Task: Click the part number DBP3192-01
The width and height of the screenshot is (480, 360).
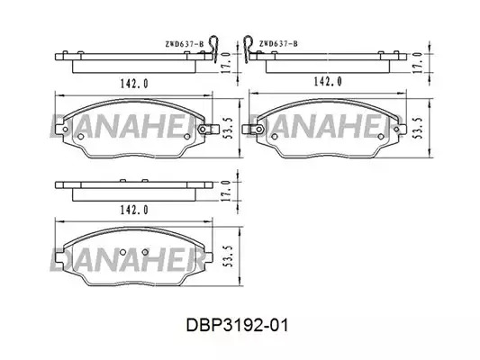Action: (237, 325)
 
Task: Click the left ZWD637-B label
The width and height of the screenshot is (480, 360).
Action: (185, 44)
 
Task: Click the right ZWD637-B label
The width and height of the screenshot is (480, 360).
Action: (278, 44)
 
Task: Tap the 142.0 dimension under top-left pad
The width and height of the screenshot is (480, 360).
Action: (134, 84)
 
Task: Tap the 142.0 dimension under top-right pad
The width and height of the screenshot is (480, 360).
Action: (328, 81)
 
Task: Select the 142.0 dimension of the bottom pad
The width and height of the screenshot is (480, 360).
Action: (134, 210)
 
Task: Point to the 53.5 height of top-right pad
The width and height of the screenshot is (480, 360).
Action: (418, 128)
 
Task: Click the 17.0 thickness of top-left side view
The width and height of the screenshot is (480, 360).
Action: (226, 63)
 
